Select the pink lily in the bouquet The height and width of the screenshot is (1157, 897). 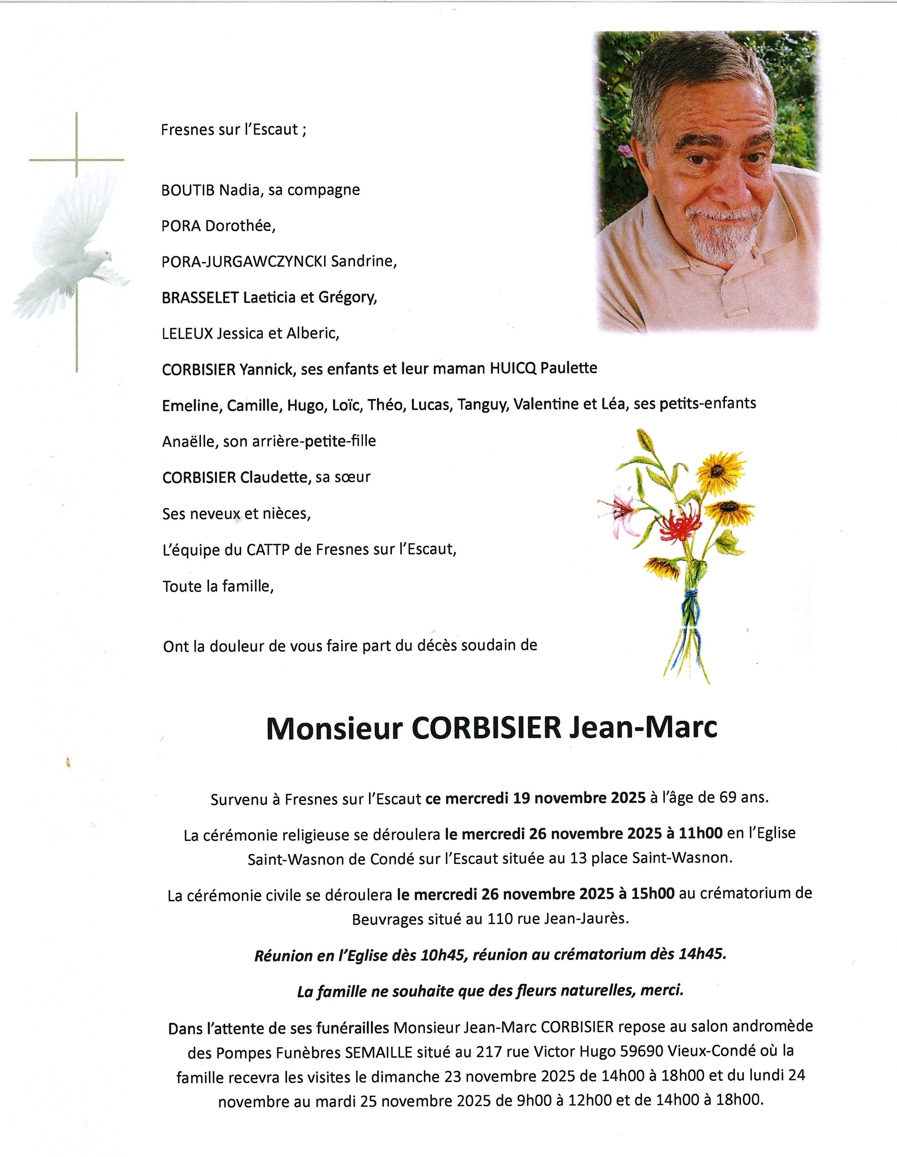point(620,511)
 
